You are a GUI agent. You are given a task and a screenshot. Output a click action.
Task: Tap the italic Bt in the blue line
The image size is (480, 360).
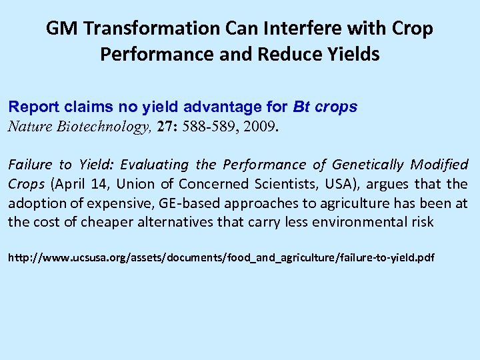(x=300, y=107)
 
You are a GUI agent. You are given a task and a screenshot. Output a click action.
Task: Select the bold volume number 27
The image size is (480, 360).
(x=165, y=126)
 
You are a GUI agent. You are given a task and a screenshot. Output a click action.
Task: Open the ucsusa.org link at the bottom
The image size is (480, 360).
(x=221, y=256)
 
